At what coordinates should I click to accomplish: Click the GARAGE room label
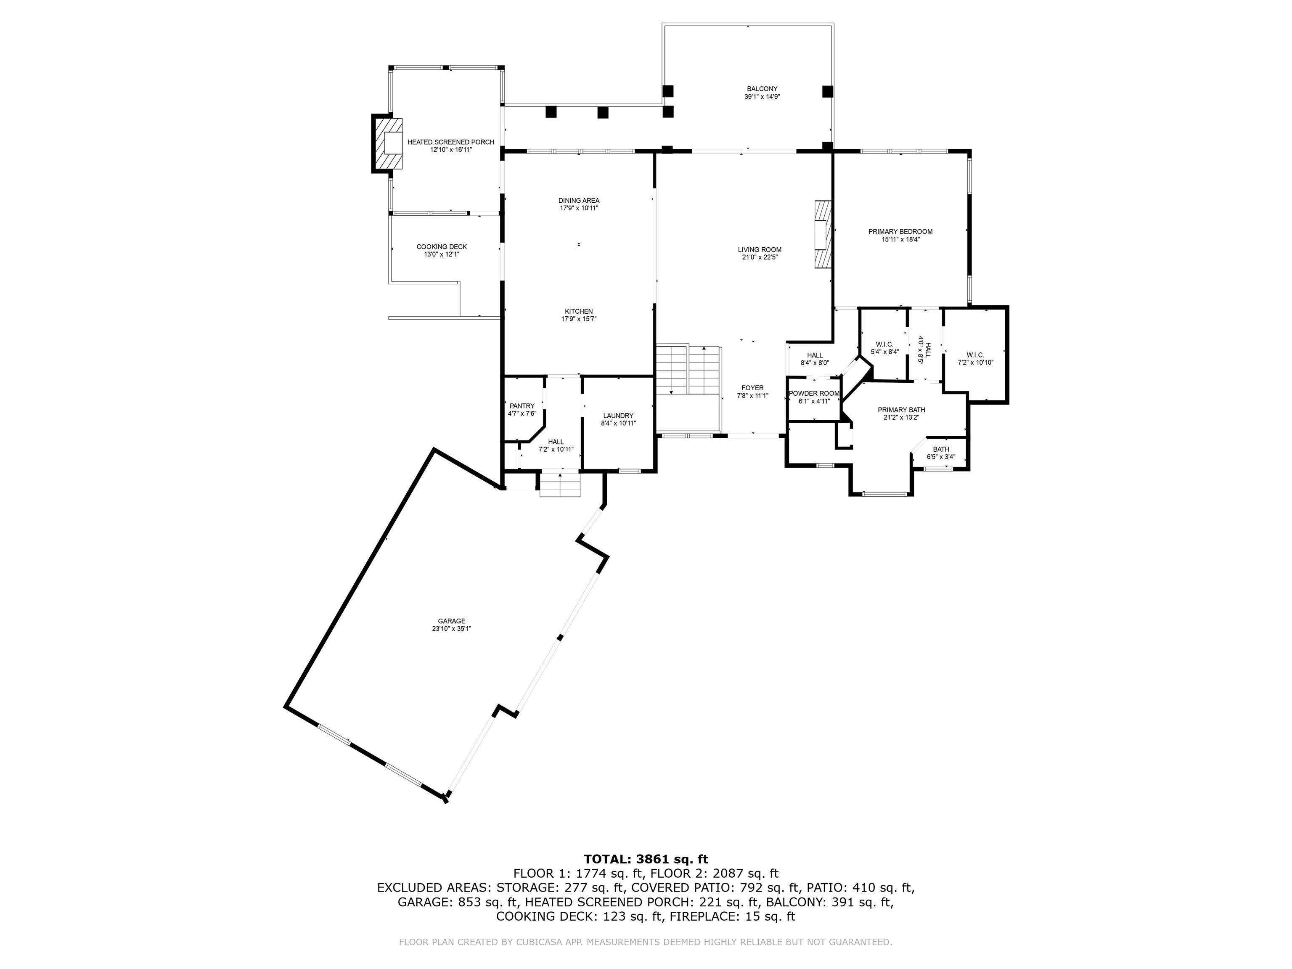click(x=452, y=621)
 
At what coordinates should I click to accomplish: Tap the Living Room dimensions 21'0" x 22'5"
click(x=759, y=257)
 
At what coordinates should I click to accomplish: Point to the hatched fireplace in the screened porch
click(x=389, y=144)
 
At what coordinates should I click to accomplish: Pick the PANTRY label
click(x=522, y=406)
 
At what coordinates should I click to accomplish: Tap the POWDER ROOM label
click(x=814, y=394)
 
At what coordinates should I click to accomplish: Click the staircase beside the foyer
click(x=688, y=370)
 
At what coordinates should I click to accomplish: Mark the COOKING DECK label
click(x=442, y=246)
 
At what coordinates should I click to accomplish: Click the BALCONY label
click(x=762, y=89)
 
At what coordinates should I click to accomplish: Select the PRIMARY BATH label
click(x=901, y=410)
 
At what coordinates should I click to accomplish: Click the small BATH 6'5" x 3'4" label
click(x=941, y=449)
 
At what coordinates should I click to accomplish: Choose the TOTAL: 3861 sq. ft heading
click(x=646, y=859)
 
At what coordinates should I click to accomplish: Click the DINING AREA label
click(x=578, y=200)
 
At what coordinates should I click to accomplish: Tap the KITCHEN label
click(x=578, y=311)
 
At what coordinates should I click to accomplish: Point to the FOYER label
click(x=752, y=388)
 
